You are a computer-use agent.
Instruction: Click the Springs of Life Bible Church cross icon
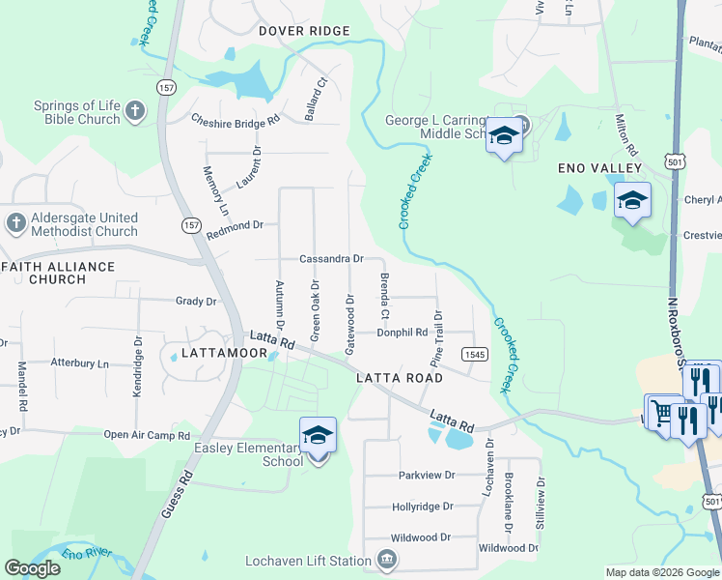(134, 111)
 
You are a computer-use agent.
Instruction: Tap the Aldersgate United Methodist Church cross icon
(14, 224)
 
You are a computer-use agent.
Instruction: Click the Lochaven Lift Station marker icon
(386, 560)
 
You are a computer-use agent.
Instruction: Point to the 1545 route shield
(473, 354)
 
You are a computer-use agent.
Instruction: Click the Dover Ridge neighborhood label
(303, 31)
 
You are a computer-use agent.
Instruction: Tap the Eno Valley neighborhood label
(599, 168)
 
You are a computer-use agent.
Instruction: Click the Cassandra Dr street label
(331, 259)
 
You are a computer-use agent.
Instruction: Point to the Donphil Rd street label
(402, 333)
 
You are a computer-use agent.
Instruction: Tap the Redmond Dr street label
(235, 225)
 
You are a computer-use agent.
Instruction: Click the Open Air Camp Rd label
(147, 436)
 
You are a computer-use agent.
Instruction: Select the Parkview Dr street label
(426, 476)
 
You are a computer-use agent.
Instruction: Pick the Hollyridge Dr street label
(423, 507)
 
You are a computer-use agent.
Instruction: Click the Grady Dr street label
(196, 302)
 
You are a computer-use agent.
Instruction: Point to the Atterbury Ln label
(80, 363)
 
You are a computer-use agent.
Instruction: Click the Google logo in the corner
(32, 568)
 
